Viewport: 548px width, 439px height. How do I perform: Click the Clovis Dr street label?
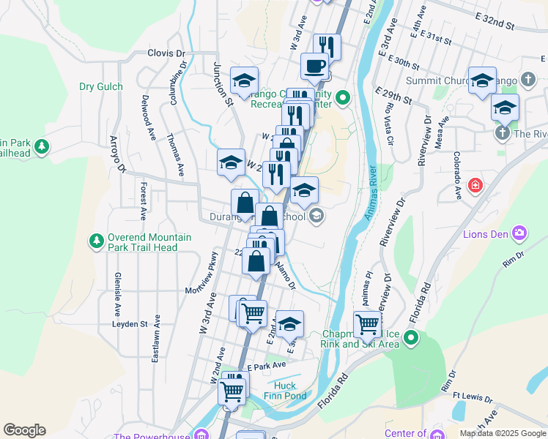coord(166,53)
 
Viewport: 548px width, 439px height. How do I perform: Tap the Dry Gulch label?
coord(101,86)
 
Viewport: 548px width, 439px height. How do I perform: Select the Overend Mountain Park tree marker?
coord(96,241)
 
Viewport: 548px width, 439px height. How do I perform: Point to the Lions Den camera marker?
coord(520,234)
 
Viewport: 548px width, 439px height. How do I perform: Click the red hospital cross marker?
coord(476,186)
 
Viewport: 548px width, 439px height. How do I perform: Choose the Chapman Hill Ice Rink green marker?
coord(412,338)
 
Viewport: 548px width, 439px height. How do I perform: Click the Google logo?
coord(24,430)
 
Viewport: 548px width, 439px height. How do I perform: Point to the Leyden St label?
coord(130,323)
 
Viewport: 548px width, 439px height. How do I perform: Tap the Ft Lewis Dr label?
coord(472,398)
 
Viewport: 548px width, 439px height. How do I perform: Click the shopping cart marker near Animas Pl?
coord(367,323)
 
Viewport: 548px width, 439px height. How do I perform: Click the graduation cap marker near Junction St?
coord(244,80)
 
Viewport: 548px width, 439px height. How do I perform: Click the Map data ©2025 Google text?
coord(502,433)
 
